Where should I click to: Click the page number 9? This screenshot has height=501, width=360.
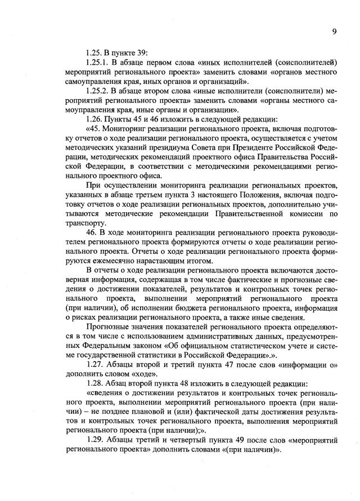334,32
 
